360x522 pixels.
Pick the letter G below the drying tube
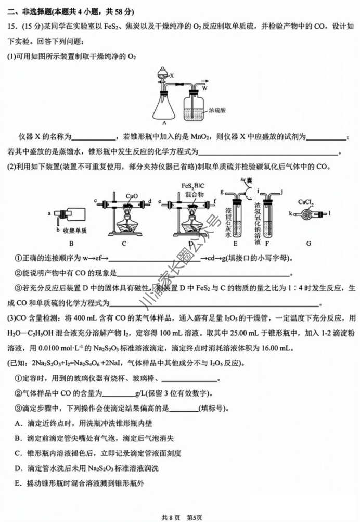(307, 242)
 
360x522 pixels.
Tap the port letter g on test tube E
(222, 192)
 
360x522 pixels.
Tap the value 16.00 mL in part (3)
(284, 348)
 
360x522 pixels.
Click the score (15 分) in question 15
(27, 27)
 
